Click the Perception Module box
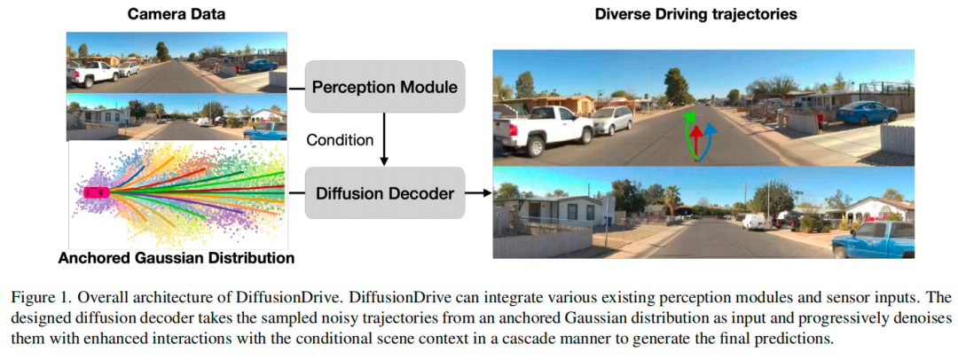(384, 87)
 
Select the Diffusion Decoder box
(384, 192)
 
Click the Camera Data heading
(176, 14)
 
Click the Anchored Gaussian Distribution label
(176, 259)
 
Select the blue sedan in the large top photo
(865, 113)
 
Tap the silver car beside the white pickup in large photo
(612, 120)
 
